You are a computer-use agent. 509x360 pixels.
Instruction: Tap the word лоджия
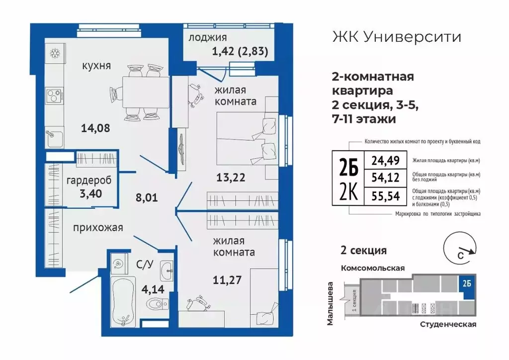(x=208, y=37)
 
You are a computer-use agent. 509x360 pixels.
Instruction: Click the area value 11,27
(x=227, y=279)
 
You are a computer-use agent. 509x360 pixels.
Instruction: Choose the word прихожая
(x=98, y=228)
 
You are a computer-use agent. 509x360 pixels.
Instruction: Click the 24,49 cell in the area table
(x=385, y=161)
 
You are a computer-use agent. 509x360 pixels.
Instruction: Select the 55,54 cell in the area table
(x=385, y=195)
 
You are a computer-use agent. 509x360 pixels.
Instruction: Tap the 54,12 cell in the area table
(x=385, y=178)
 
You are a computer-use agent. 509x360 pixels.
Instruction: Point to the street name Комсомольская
(x=372, y=268)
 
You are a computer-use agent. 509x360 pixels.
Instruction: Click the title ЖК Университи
(x=395, y=37)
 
